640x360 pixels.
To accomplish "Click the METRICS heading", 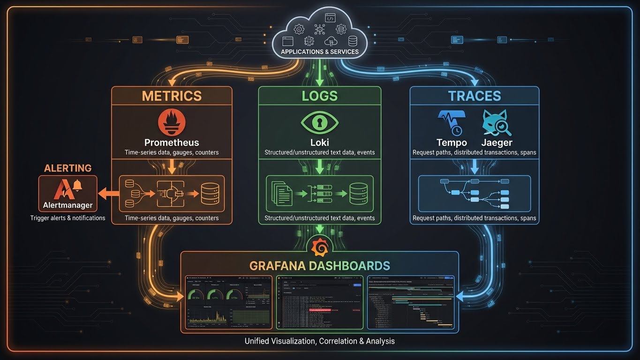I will click(172, 96).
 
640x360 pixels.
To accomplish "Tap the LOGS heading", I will click(320, 96).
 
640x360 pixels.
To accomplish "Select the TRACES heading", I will click(474, 96).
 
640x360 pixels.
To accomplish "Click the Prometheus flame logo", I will click(172, 121).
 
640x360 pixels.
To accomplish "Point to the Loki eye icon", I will click(319, 123).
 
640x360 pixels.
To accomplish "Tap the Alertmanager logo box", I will click(68, 193).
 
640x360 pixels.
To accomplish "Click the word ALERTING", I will click(68, 168).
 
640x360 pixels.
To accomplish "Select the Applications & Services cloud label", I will click(319, 52).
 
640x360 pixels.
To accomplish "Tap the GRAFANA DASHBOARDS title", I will click(320, 266).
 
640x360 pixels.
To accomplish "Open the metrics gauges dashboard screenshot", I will click(228, 302).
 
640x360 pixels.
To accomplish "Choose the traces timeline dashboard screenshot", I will click(411, 302).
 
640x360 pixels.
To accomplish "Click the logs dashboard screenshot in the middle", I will click(320, 302).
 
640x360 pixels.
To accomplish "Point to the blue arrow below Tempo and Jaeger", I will click(474, 166).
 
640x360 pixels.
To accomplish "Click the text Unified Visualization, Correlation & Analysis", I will click(320, 341).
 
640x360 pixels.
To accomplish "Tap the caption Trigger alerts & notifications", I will click(68, 218).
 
